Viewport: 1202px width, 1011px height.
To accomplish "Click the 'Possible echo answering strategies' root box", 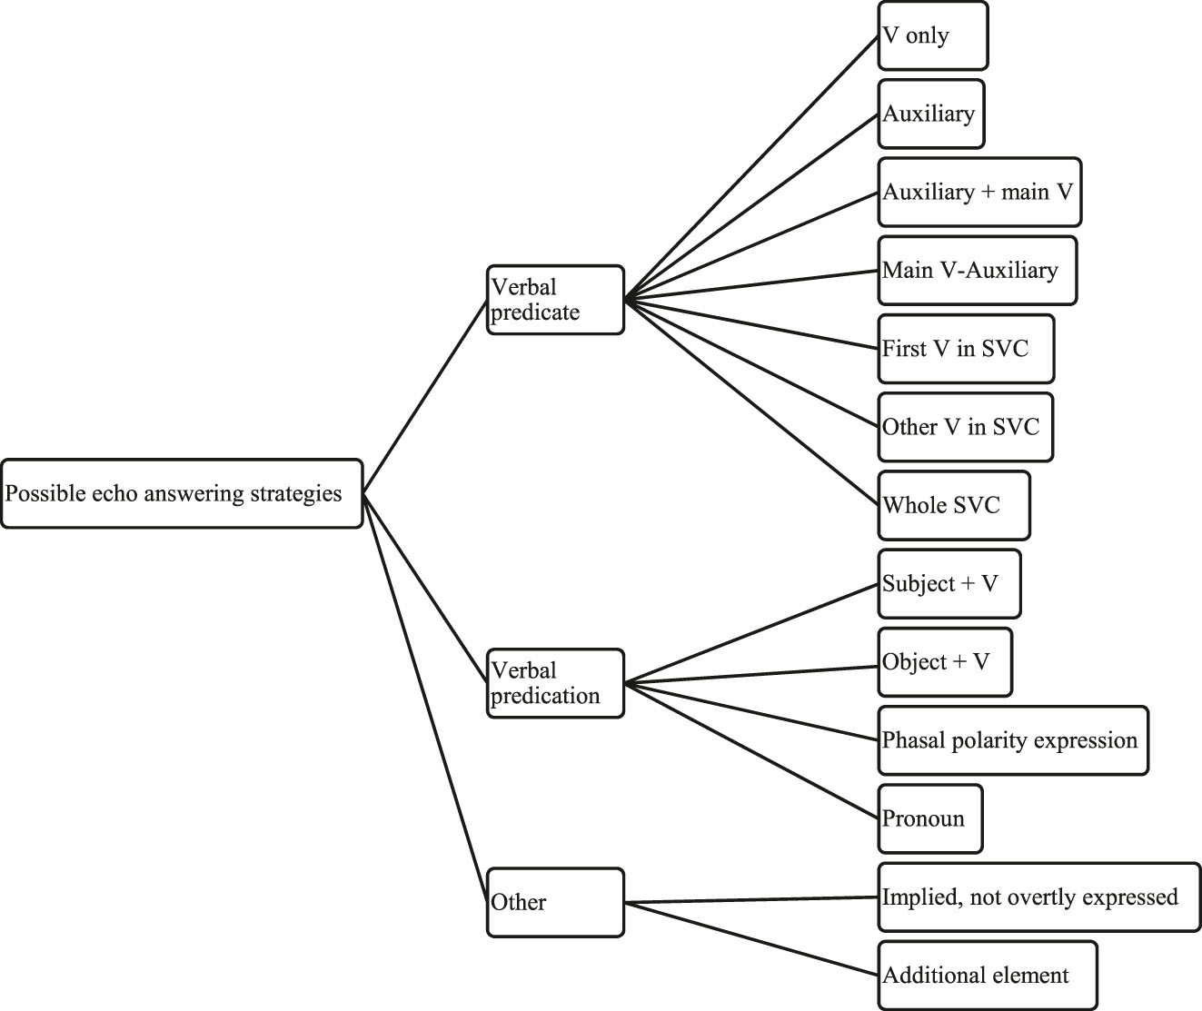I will (182, 493).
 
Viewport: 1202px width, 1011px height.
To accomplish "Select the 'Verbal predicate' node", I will (555, 300).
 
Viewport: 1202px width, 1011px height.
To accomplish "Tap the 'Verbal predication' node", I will (555, 683).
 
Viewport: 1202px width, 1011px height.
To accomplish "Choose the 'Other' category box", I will (555, 902).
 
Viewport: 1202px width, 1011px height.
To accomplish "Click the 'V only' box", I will (932, 36).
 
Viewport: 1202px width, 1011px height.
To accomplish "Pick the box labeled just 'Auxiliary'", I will (930, 114).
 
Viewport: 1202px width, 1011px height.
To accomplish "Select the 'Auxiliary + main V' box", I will (979, 193).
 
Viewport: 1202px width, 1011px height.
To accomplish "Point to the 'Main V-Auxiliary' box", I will (977, 271).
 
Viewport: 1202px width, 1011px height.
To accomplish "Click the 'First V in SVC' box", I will (966, 349).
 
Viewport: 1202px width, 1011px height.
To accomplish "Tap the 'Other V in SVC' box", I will (965, 427).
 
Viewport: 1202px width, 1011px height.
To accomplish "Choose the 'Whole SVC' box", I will (954, 505).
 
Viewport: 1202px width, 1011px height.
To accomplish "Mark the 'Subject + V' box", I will (949, 583).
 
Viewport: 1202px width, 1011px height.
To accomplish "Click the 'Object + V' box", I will (944, 661).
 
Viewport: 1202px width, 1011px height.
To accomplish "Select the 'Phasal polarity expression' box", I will (1012, 740).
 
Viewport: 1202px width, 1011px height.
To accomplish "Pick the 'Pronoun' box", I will (930, 818).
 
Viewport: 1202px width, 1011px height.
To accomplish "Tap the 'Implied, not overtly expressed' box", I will (1038, 897).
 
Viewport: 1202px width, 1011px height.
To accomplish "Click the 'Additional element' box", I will (987, 976).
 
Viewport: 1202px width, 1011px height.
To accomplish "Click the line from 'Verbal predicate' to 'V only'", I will (750, 168).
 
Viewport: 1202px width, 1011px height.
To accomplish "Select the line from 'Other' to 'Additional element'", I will (750, 939).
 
